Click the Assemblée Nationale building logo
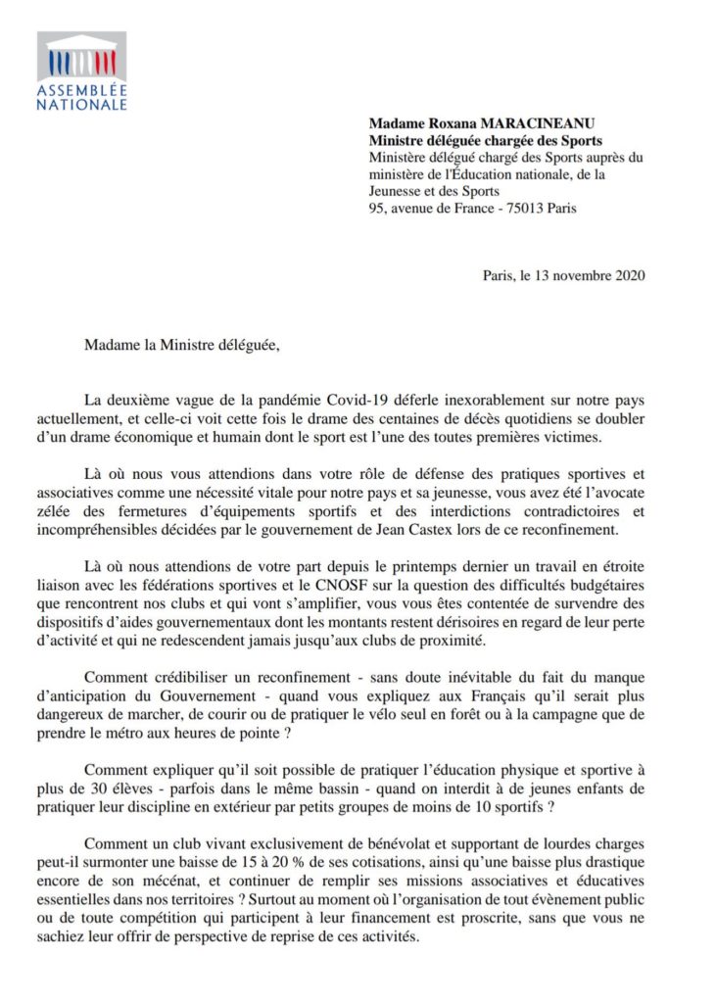[82, 58]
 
